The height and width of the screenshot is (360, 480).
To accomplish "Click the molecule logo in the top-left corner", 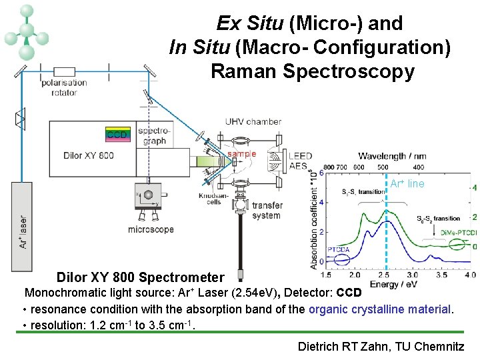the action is coord(26,31).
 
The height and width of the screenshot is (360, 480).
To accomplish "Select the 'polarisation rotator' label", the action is coord(64,87).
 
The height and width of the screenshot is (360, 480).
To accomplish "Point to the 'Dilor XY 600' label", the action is coord(89,156).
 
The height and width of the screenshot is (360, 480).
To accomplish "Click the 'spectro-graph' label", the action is coord(153,135).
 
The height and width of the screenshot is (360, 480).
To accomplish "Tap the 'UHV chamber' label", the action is coord(253,122).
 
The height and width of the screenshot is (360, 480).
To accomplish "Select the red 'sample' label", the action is coord(241,153).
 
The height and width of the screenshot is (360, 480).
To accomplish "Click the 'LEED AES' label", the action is coord(300,161).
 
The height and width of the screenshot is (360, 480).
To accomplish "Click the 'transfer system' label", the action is coord(267,210).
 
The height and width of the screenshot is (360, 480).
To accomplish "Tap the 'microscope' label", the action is coord(151,229).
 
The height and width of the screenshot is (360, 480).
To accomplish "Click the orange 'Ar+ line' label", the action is coord(407,184).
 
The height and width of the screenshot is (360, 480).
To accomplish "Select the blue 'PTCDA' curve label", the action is coord(339,250).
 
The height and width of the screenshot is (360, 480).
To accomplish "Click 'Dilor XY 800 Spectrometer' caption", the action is coord(140,277).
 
